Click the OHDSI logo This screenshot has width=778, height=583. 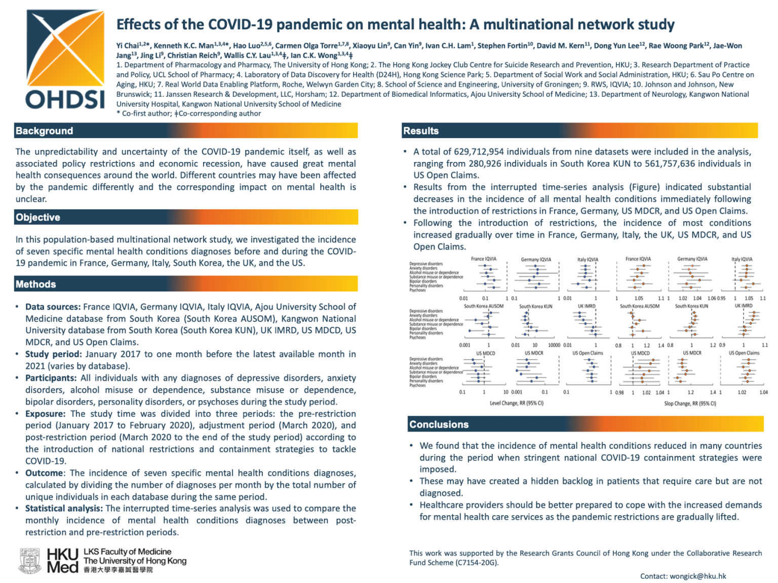coord(65,60)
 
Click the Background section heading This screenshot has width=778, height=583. coord(45,131)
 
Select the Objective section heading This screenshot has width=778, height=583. coord(38,218)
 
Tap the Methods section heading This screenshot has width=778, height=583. coord(36,284)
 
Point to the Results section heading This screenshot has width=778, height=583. coord(421,131)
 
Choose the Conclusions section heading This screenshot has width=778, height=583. coord(439,425)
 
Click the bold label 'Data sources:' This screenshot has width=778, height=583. coord(53,307)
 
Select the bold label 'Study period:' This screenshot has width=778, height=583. coord(53,354)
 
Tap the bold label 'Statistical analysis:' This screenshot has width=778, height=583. coord(64,509)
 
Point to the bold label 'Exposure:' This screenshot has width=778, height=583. coord(47,414)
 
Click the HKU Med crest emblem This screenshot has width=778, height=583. coord(30,561)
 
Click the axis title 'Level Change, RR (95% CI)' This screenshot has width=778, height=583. coord(517,403)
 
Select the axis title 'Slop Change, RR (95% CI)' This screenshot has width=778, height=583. coord(690,404)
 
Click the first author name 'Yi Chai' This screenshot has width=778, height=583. coord(127,46)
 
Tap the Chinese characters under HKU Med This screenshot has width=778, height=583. coord(118,570)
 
